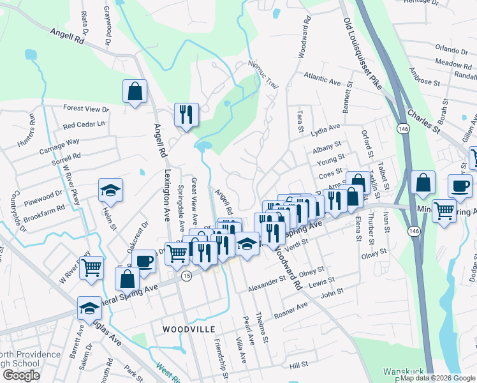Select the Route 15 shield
(x=186, y=276)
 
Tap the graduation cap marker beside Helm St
(x=110, y=190)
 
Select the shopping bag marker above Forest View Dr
(x=135, y=91)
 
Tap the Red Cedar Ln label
(x=84, y=124)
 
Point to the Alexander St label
(x=267, y=283)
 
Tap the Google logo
(x=21, y=375)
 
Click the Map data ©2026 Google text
(x=437, y=378)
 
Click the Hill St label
(x=298, y=364)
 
